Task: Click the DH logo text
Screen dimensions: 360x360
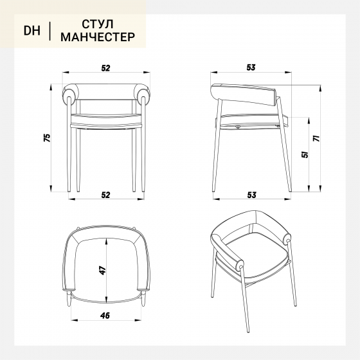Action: [32, 31]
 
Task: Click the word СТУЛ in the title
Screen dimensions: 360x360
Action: [98, 24]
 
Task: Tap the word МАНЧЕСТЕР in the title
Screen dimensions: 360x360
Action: [98, 37]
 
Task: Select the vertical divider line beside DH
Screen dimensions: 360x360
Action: [50, 31]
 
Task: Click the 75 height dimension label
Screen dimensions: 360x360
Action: [47, 138]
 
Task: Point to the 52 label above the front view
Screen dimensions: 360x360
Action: [106, 68]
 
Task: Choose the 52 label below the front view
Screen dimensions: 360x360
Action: [106, 195]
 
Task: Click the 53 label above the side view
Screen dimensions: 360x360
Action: [251, 67]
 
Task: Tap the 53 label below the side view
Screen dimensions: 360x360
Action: [251, 195]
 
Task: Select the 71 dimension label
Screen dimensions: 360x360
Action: [316, 138]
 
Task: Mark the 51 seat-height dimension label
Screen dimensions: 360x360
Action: [305, 154]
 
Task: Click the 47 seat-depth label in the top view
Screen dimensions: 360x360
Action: [103, 270]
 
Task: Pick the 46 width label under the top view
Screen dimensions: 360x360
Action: [105, 316]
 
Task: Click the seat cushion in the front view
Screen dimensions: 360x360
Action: [106, 120]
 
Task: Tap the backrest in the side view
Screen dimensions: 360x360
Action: [244, 94]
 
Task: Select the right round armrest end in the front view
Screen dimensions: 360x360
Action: [144, 94]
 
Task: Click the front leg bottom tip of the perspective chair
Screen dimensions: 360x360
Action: [248, 331]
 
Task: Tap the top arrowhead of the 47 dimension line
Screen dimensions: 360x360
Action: [106, 241]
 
